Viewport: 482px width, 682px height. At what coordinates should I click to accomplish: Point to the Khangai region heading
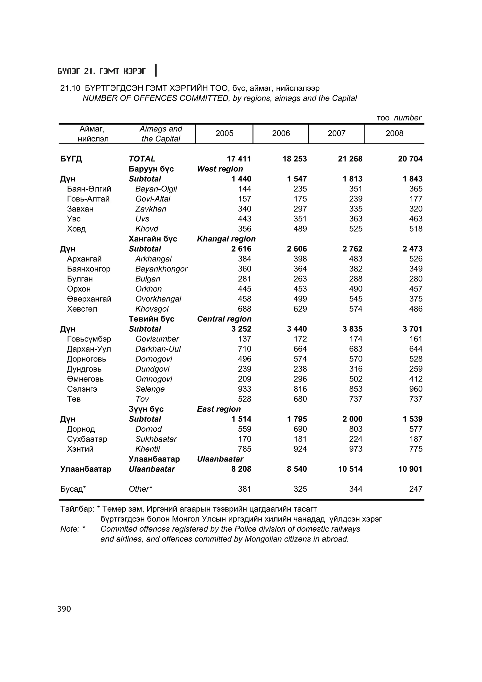[226, 239]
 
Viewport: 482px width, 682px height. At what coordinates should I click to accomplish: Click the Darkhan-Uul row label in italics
[158, 349]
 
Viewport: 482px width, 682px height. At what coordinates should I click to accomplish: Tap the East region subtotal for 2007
[352, 419]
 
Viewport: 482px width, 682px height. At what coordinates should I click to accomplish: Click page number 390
[64, 609]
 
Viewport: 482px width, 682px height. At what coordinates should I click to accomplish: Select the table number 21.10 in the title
[70, 88]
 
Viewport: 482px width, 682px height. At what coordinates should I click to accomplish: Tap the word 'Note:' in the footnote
[70, 529]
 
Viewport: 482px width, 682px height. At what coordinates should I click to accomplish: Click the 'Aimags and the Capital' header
[161, 134]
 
